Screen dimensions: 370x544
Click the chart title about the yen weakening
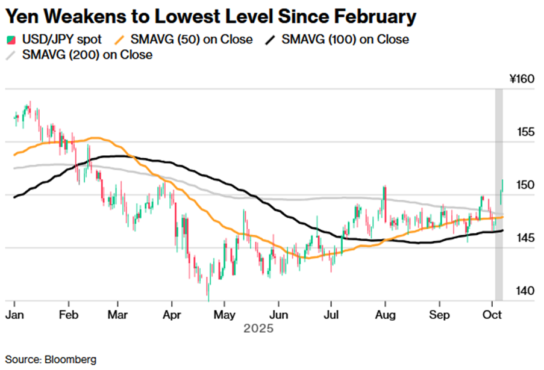(211, 16)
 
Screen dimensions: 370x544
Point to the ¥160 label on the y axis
(521, 79)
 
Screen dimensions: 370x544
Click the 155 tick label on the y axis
(525, 132)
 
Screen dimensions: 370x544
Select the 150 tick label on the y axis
(525, 185)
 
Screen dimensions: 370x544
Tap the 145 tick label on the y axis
(525, 238)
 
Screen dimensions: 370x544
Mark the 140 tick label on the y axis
(525, 291)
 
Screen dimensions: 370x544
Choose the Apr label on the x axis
(172, 314)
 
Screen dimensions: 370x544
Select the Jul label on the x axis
(330, 314)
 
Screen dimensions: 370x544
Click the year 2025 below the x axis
(258, 329)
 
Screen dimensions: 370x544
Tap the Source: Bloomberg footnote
(51, 359)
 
